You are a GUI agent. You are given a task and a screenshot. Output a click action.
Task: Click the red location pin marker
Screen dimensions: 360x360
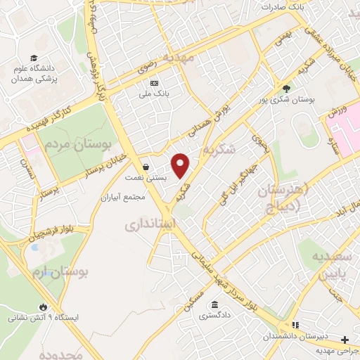click(x=181, y=165)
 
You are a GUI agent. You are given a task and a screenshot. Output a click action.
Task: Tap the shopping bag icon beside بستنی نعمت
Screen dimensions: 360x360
click(x=145, y=167)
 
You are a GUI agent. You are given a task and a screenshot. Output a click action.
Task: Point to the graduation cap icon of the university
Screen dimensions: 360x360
click(x=33, y=58)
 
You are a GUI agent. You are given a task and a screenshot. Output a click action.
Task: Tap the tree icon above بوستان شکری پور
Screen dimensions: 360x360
click(x=285, y=88)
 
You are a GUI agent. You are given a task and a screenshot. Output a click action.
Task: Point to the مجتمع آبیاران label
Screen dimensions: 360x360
click(x=123, y=197)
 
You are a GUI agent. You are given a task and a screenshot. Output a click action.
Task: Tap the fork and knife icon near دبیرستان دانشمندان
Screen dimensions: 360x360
click(x=295, y=324)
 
